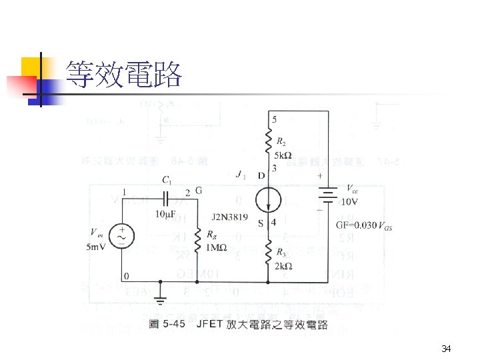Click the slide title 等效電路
click(124, 75)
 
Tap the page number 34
click(447, 349)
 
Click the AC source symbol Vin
click(123, 235)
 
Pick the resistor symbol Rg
click(197, 238)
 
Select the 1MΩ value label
click(216, 248)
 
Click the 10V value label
click(349, 201)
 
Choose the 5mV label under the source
click(96, 249)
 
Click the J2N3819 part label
click(231, 217)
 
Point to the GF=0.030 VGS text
click(364, 225)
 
